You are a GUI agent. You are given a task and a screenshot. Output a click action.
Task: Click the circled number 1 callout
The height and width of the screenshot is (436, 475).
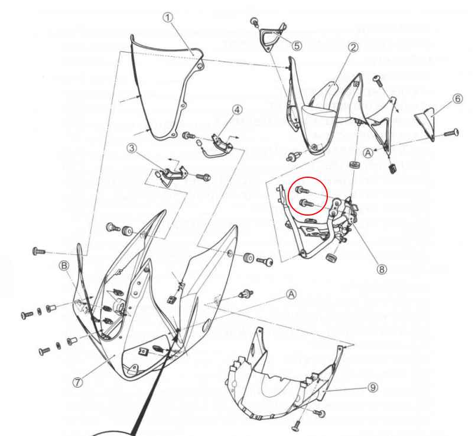[168, 17]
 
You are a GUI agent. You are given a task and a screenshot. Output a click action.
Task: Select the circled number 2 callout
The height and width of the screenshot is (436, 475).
[353, 47]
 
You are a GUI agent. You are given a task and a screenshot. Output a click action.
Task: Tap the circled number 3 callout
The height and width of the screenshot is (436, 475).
[131, 149]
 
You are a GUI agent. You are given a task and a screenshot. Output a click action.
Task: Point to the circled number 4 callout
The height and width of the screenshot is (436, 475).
[237, 110]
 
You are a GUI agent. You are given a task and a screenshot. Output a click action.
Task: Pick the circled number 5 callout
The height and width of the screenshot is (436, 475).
[297, 45]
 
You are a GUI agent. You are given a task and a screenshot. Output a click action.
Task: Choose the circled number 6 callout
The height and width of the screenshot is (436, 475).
[458, 99]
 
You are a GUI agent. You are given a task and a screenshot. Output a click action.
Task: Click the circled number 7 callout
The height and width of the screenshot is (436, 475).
[78, 382]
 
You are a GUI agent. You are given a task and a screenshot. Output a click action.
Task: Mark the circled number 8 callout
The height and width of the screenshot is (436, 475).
[382, 269]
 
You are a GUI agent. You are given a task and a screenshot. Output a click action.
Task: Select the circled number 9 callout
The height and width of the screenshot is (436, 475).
[373, 387]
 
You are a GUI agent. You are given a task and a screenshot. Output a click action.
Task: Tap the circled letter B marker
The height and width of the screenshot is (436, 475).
[64, 266]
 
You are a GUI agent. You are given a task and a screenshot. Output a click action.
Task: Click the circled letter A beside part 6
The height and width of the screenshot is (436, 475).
[368, 152]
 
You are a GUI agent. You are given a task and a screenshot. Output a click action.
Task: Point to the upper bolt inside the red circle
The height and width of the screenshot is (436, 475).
[302, 190]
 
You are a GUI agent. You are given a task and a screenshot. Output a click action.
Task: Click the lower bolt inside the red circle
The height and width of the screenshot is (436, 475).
[306, 203]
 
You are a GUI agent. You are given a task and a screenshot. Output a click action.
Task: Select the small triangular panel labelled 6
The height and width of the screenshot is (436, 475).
[425, 123]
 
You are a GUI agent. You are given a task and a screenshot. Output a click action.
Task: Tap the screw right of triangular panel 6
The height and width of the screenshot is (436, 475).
[451, 133]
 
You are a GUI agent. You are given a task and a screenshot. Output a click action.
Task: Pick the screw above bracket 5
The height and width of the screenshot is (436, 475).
[255, 21]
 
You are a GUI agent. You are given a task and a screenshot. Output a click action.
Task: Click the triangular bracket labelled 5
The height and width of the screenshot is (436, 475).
[272, 38]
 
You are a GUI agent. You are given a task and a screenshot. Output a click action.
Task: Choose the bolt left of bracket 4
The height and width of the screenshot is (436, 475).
[189, 135]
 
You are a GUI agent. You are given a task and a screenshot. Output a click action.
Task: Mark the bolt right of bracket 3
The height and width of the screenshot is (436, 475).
[204, 176]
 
